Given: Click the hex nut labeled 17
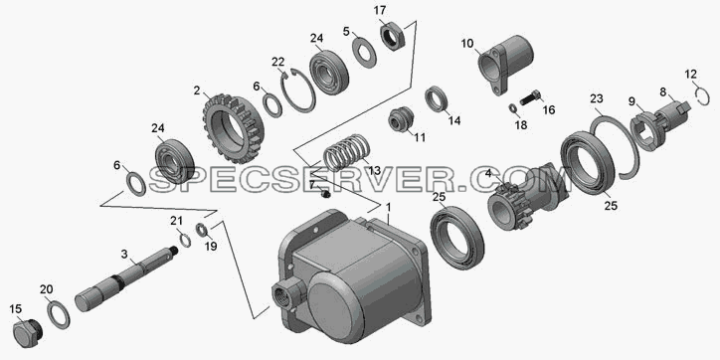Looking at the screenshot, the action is (x=393, y=37).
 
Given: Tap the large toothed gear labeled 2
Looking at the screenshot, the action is (x=234, y=128).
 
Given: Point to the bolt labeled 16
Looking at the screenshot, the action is (x=530, y=98).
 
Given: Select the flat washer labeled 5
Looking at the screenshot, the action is (x=364, y=53).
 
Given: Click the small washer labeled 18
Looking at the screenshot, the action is (x=512, y=108).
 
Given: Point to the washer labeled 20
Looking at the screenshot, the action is (x=59, y=313).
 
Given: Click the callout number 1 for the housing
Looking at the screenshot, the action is (x=388, y=208).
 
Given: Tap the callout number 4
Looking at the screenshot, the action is (x=488, y=174).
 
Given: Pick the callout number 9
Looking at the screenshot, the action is (x=632, y=101).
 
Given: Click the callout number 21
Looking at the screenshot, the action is (x=177, y=221).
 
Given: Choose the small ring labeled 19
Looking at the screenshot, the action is (x=203, y=229).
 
